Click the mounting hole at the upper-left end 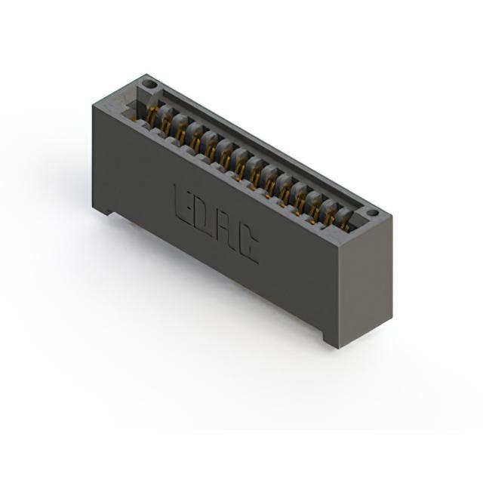pyautogui.click(x=149, y=84)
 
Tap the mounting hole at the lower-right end pyautogui.click(x=373, y=213)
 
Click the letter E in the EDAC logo pyautogui.click(x=180, y=203)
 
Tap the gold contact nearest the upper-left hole pyautogui.click(x=151, y=115)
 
